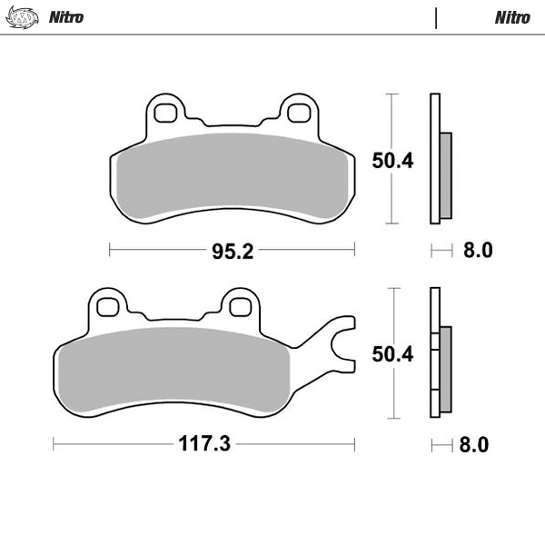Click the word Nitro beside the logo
pos(66,17)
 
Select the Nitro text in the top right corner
pos(512,17)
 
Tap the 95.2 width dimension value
pos(232,251)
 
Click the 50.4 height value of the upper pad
pos(392,161)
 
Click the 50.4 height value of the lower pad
pos(392,355)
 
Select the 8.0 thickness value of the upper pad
pos(477,251)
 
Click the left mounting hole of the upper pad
pos(165,113)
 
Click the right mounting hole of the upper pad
pos(298,113)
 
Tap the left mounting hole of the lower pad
pos(108,306)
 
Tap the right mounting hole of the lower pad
pos(241,306)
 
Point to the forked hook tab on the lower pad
pos(341,344)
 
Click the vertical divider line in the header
pos(436,18)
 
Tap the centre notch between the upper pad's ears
pos(232,124)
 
